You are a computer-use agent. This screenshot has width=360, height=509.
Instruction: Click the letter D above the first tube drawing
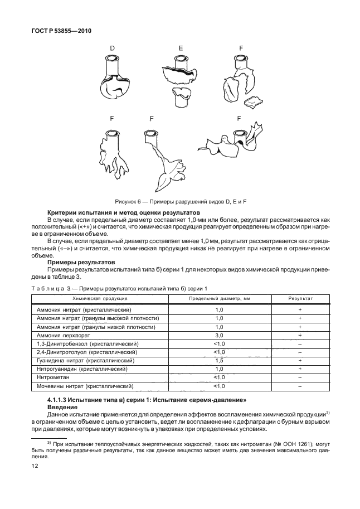(112, 49)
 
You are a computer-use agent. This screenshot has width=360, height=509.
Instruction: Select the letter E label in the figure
(181, 49)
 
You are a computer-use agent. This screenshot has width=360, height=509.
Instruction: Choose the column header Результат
(300, 299)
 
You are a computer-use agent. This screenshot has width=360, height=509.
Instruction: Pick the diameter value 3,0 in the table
(219, 336)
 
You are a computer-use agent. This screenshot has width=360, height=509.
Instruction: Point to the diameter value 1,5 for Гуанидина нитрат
(219, 361)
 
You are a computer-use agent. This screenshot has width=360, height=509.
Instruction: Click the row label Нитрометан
(53, 377)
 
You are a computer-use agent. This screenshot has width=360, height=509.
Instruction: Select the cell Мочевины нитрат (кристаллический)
(85, 386)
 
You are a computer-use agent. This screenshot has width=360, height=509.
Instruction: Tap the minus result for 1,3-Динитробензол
(300, 344)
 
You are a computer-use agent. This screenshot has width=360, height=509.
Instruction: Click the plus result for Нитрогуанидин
(300, 369)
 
